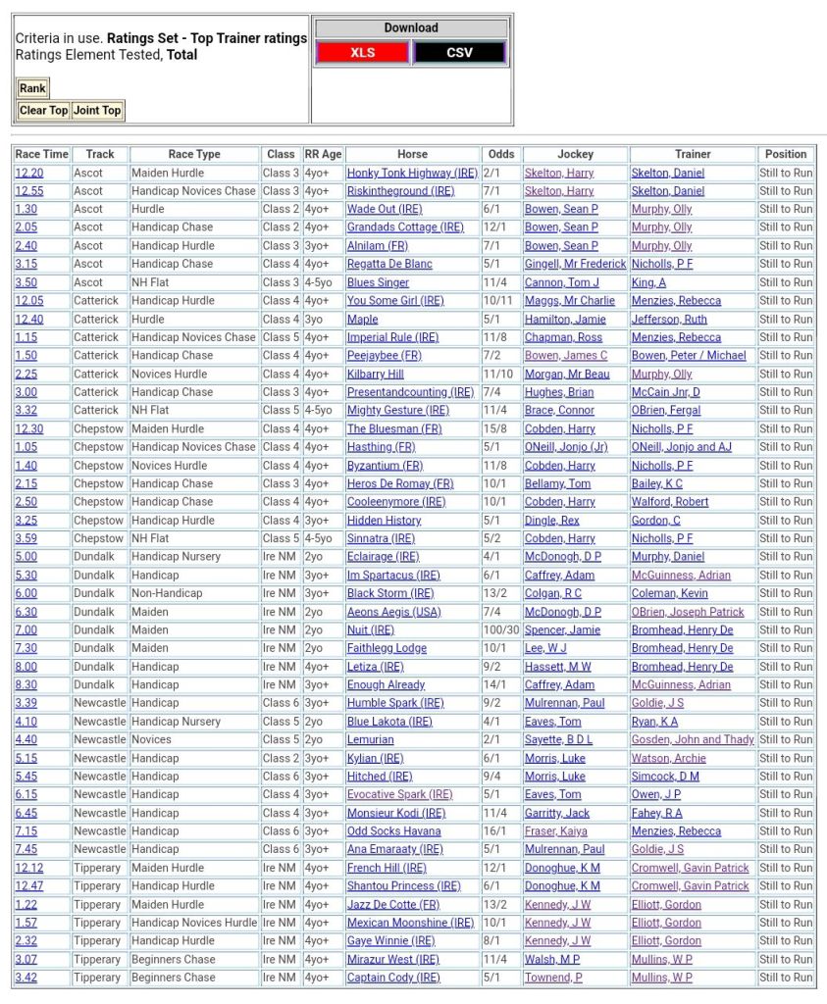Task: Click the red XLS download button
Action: pos(362,52)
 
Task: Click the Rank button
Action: pos(32,88)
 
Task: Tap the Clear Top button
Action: pos(44,110)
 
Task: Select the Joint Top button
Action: pos(97,110)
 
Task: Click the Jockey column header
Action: pos(575,154)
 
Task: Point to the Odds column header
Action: pos(500,154)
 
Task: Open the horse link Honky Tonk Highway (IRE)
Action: pos(412,173)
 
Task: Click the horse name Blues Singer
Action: pos(378,282)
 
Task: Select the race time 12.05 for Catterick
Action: pos(29,301)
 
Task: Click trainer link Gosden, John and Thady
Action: pos(693,740)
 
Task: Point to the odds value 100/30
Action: pos(500,630)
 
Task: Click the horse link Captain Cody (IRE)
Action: pos(393,978)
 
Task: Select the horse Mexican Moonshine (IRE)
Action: pos(410,923)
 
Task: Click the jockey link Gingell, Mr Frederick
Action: pos(575,264)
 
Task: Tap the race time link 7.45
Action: pos(26,850)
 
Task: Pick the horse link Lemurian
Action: pos(370,740)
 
